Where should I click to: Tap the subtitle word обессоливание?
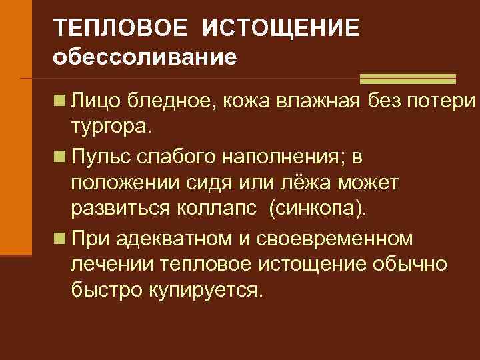click(x=145, y=58)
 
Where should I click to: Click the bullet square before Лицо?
click(x=60, y=101)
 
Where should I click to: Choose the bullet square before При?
click(x=60, y=238)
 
